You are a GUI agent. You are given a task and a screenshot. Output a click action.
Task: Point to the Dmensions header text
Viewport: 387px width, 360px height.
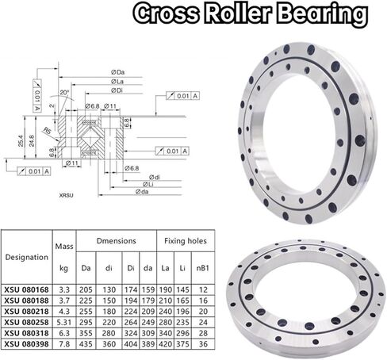[116, 239]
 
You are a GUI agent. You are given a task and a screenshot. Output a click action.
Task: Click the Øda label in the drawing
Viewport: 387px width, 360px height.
[141, 191]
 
